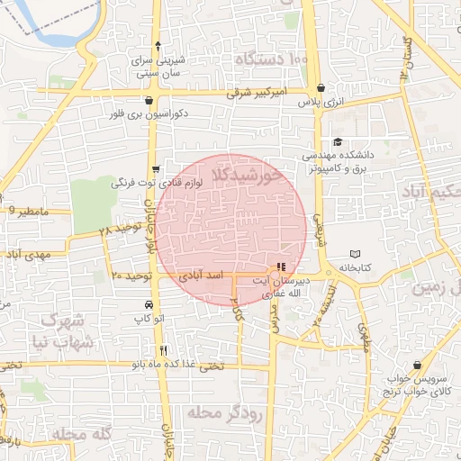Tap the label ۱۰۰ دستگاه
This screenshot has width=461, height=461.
coord(272,59)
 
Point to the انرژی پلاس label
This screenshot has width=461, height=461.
coord(323,104)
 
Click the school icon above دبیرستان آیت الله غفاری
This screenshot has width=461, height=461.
coord(282,267)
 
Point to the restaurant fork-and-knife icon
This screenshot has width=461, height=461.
coord(163,350)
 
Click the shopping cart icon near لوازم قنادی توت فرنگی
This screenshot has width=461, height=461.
coord(156,168)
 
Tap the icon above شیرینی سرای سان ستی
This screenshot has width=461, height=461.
coord(158,44)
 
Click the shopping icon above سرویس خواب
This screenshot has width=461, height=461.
coord(417,366)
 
